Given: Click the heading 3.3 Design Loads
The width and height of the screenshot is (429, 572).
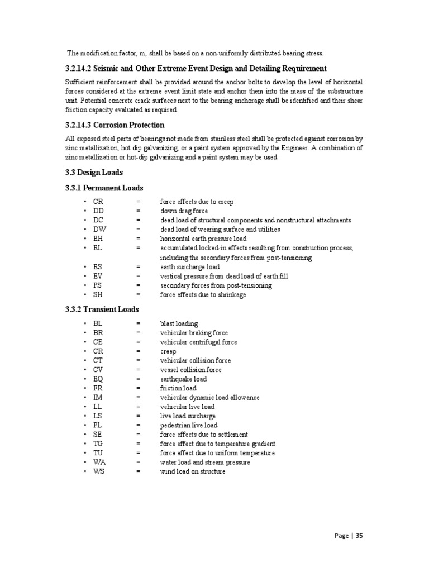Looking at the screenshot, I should (x=94, y=172).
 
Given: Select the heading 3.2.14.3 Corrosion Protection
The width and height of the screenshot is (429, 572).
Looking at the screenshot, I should (x=115, y=125).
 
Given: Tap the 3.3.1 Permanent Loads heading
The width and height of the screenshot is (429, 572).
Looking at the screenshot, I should (x=104, y=188).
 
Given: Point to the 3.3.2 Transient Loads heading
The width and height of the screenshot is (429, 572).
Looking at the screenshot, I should (x=102, y=309).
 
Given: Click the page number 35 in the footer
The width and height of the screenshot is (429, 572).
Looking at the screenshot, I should (x=359, y=536).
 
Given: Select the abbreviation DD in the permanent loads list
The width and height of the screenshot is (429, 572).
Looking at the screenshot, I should (x=99, y=211).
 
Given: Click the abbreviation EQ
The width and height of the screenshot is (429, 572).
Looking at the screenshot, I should (x=98, y=379).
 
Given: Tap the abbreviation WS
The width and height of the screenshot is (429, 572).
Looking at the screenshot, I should (x=99, y=471).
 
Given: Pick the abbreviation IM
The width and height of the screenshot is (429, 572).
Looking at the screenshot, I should (x=98, y=397).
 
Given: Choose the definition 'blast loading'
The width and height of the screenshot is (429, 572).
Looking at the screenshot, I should (x=179, y=323).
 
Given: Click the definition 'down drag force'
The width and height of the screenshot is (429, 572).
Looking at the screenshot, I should (x=184, y=211).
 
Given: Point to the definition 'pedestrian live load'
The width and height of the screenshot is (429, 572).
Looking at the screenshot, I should (x=189, y=425).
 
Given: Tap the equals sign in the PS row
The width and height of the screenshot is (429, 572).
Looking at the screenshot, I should (x=137, y=285).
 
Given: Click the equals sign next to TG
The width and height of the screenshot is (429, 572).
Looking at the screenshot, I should (x=137, y=444).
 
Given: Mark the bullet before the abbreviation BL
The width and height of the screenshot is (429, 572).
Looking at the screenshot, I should (x=85, y=323).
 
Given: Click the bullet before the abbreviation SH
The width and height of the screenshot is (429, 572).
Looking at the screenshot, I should (x=85, y=295).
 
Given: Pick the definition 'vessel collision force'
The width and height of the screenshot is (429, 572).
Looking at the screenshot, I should (x=190, y=370).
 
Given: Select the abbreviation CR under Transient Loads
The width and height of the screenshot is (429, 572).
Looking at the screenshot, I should (x=98, y=351).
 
